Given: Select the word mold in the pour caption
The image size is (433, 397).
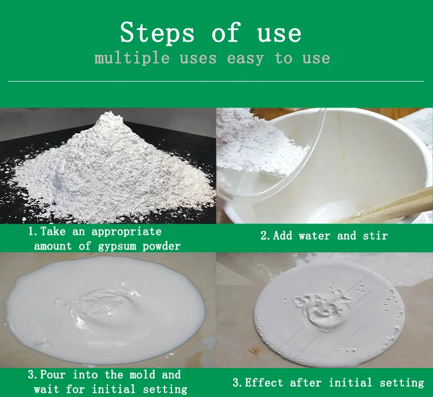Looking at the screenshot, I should point(164,374).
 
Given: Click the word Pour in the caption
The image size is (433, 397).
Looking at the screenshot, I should point(53,374).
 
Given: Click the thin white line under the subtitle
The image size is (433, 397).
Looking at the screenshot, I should point(216,82).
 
